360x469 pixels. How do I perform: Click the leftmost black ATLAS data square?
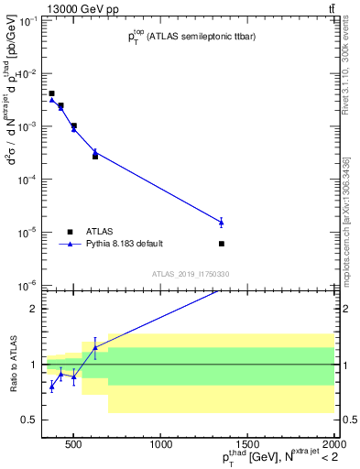click(51, 93)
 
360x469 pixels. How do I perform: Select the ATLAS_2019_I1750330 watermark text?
click(191, 274)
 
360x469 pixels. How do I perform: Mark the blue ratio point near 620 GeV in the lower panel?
click(95, 347)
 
